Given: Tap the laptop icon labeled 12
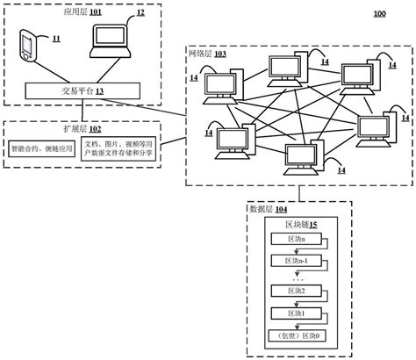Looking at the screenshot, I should [x=112, y=40].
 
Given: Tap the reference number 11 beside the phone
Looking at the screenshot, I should [x=55, y=40].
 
